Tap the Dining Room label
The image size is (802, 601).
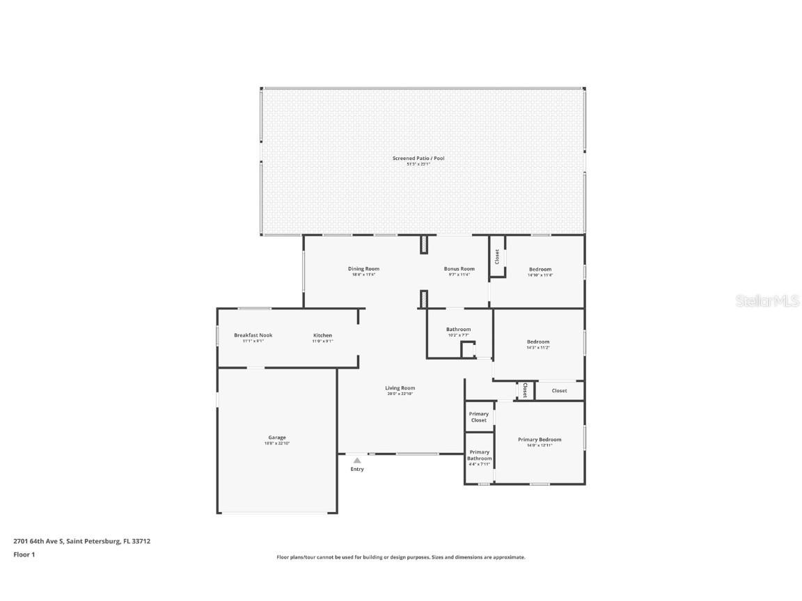tap(363, 269)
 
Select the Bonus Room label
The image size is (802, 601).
tap(459, 269)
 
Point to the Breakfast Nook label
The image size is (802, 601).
tap(253, 335)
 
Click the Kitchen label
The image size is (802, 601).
tap(322, 335)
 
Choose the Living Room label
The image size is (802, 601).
tap(400, 388)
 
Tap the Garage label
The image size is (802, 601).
tap(277, 438)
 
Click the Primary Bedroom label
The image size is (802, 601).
tap(539, 440)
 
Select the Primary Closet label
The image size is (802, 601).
tap(479, 417)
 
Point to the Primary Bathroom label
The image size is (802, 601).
tap(479, 455)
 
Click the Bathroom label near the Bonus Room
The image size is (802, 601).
tap(459, 329)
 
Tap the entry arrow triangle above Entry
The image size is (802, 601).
tap(357, 460)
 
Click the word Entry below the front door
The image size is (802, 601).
tap(357, 470)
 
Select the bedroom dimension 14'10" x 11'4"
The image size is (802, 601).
tap(540, 275)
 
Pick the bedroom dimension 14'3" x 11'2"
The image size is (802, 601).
tap(538, 347)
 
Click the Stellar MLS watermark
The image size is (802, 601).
tap(768, 301)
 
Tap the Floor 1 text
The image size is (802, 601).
tap(24, 554)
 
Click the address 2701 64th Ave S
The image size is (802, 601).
tap(39, 540)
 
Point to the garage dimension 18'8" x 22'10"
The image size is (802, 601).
tap(277, 443)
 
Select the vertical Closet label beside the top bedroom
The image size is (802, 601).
tap(497, 256)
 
